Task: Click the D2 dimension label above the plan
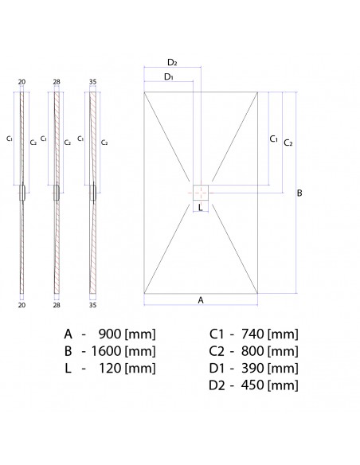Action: (172, 63)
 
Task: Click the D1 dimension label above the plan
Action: (169, 76)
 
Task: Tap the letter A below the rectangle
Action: (201, 300)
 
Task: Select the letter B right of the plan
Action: (299, 193)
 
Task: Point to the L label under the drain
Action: (200, 208)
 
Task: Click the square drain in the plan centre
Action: (201, 193)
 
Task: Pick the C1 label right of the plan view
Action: (273, 139)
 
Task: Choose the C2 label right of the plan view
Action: (288, 143)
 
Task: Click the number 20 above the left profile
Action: (22, 81)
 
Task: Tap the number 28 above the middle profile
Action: (57, 81)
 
